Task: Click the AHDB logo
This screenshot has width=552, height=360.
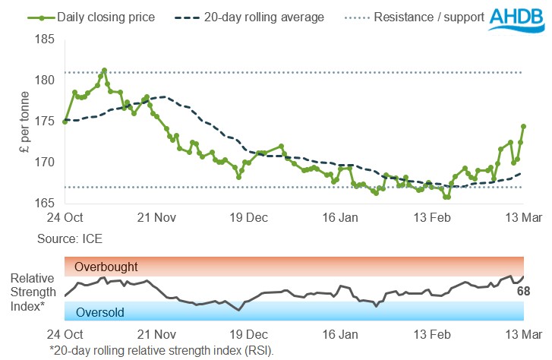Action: tap(519, 21)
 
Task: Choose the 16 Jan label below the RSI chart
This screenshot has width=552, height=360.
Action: tap(341, 334)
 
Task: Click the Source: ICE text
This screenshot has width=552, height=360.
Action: tap(69, 238)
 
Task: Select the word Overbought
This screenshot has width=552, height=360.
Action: tap(106, 267)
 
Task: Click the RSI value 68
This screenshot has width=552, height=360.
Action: tap(523, 291)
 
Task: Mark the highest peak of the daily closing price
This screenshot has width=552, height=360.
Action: tap(104, 70)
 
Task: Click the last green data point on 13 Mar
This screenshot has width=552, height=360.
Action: tap(523, 126)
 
